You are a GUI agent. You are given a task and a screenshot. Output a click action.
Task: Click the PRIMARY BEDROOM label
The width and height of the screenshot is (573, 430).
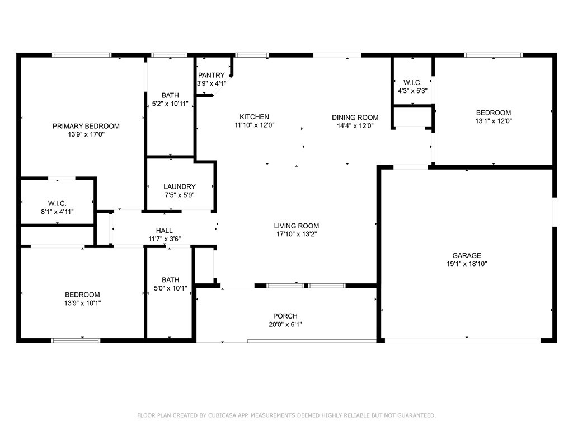(86, 126)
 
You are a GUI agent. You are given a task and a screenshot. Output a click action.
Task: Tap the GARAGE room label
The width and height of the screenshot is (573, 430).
(467, 255)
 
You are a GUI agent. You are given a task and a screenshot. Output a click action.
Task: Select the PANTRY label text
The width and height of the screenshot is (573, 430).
(212, 75)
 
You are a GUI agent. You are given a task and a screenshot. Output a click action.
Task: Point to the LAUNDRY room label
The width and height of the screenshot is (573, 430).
(180, 186)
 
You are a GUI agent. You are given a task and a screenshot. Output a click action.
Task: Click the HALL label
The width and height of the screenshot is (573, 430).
(164, 230)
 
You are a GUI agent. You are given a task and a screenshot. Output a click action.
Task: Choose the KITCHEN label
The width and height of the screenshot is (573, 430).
(255, 117)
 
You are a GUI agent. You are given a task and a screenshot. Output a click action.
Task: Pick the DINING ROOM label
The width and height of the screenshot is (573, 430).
(355, 118)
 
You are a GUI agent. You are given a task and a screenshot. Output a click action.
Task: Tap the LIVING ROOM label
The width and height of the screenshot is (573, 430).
(297, 226)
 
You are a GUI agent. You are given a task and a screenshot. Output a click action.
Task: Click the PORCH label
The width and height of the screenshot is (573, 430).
(285, 316)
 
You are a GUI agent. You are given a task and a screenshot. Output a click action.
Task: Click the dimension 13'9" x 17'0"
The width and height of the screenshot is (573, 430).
(86, 134)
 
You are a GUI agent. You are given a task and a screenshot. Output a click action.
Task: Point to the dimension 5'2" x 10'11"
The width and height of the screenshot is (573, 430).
(170, 104)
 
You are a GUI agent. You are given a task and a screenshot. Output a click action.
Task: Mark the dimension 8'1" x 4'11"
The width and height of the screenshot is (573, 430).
(58, 212)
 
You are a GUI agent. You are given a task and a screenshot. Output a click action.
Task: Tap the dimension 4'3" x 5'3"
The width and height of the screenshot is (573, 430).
(412, 91)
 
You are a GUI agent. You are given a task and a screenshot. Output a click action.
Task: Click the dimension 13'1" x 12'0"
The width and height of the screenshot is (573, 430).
(493, 121)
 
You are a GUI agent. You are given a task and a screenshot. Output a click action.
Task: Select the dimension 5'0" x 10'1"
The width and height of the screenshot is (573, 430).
(170, 288)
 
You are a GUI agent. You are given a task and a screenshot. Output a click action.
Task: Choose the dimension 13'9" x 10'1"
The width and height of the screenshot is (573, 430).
(82, 303)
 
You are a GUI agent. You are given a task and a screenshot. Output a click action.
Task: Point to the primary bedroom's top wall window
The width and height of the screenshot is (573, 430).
(82, 55)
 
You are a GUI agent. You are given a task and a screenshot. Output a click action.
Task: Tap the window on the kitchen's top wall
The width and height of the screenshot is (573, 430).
(251, 55)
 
